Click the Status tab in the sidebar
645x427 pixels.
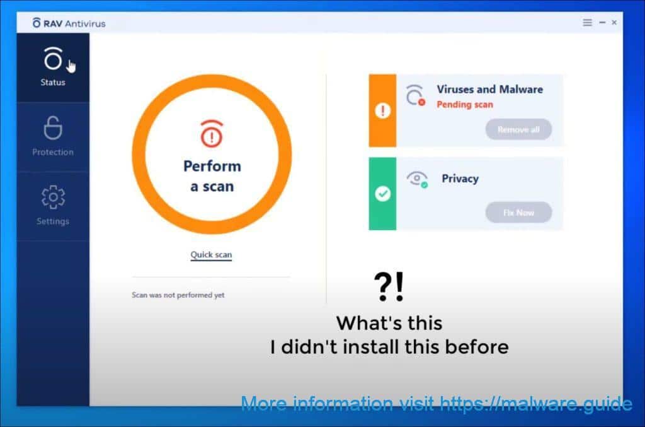tap(53, 67)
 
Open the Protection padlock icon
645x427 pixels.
tap(53, 128)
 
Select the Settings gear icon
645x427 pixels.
tap(53, 197)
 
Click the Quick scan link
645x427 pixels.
tap(211, 255)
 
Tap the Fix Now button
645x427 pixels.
tap(518, 213)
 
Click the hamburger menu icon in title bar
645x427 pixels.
tap(588, 23)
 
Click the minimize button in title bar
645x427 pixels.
tap(602, 23)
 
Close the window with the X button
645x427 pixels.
tap(614, 23)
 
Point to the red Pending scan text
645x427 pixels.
tap(465, 105)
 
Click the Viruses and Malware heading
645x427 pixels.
tap(490, 90)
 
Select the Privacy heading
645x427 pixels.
tap(460, 178)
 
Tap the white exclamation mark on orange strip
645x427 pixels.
tap(382, 110)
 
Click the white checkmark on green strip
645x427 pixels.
tap(382, 194)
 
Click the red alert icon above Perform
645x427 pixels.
tap(212, 134)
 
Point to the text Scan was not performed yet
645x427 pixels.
tap(178, 295)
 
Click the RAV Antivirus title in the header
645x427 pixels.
tap(69, 23)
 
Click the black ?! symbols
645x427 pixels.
tap(389, 286)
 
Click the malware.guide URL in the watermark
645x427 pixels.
tap(535, 404)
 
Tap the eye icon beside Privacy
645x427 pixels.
tap(417, 179)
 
